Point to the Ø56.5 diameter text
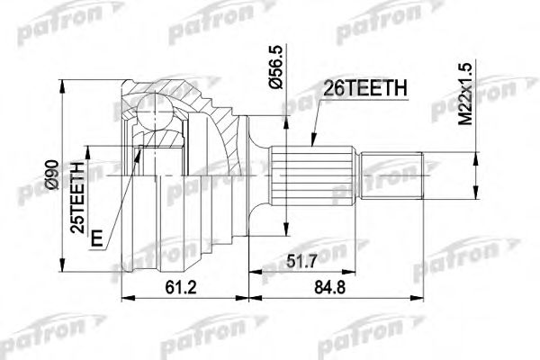click(x=279, y=67)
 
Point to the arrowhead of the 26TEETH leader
click(x=308, y=144)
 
